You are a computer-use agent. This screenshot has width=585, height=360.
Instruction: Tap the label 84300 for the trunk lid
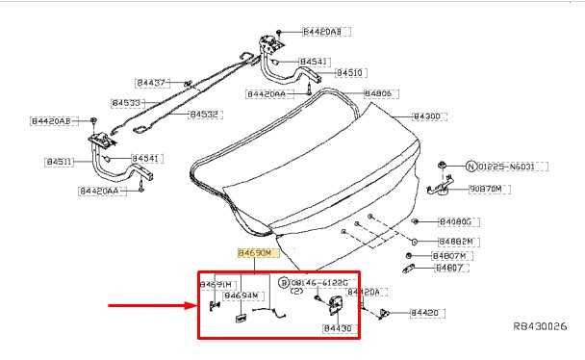click(x=426, y=116)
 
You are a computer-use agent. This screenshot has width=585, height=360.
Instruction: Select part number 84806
click(x=379, y=93)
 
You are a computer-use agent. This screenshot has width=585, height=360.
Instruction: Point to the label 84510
click(x=349, y=72)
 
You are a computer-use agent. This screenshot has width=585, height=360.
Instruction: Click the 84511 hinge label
click(x=60, y=162)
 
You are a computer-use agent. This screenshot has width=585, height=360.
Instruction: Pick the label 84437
click(x=150, y=84)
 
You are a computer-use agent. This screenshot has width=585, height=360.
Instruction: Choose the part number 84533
click(x=126, y=102)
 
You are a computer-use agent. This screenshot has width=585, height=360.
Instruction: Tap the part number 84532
click(x=203, y=114)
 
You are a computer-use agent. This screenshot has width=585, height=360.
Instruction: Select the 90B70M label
click(x=485, y=190)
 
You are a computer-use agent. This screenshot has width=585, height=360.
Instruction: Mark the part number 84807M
click(x=449, y=255)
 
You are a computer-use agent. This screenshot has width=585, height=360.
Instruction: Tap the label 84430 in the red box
click(x=338, y=328)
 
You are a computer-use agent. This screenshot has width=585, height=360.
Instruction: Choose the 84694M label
click(x=242, y=296)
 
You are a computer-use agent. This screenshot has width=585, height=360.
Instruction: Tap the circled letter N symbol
click(x=471, y=167)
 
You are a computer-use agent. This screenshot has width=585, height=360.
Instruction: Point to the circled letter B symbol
click(x=283, y=282)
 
